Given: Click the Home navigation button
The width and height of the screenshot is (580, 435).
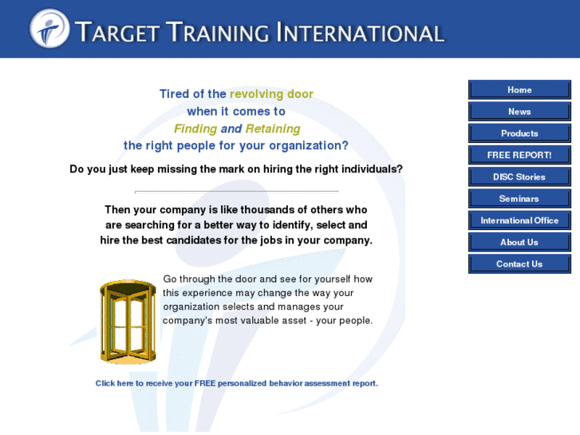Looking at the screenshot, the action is (x=519, y=89).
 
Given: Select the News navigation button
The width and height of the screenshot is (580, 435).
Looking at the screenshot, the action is (x=519, y=112).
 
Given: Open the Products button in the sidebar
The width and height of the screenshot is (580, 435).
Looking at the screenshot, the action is (x=519, y=133).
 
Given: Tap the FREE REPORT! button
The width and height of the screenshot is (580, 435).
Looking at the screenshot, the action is (x=519, y=155).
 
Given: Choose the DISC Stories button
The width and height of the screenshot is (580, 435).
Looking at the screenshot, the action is (x=519, y=176).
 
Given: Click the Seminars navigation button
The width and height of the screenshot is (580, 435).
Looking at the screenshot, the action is (x=519, y=199).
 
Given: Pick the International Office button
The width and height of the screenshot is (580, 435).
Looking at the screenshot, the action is (x=519, y=220).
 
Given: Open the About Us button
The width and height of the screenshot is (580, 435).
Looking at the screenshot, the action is (x=519, y=242).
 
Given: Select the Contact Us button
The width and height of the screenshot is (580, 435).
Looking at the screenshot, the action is (x=519, y=264).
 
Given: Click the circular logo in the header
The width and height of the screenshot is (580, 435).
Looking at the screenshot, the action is (x=49, y=29).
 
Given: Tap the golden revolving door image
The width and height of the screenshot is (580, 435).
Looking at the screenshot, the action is (x=128, y=322).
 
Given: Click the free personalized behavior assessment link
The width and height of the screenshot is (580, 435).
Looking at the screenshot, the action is (x=237, y=383).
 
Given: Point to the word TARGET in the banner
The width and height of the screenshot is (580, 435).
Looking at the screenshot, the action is (x=117, y=32).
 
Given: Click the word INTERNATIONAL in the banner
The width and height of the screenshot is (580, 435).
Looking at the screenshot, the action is (x=361, y=32).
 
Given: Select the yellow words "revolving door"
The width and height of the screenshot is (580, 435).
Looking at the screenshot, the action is (x=271, y=94).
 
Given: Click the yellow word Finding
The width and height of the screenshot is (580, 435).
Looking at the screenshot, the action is (x=195, y=129).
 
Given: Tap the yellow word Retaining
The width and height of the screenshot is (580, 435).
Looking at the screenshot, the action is (x=273, y=129).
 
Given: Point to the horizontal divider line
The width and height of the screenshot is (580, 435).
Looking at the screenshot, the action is (x=237, y=192).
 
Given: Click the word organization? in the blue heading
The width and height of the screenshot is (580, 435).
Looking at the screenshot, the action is (x=309, y=146).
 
